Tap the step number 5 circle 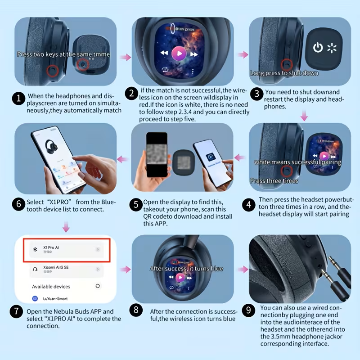coord(136,205)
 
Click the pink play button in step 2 coord(179,54)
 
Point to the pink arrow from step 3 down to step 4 coord(304,116)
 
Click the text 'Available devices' coord(51,286)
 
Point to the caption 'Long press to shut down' coord(284,73)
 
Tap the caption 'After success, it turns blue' coord(186,269)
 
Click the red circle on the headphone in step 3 coord(286,63)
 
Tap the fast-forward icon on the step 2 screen coord(194,54)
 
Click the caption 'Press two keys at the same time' coord(63,54)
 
